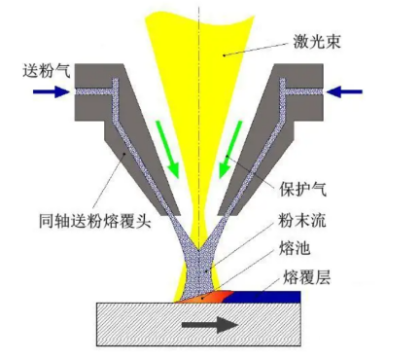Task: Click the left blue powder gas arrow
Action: (50, 92)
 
